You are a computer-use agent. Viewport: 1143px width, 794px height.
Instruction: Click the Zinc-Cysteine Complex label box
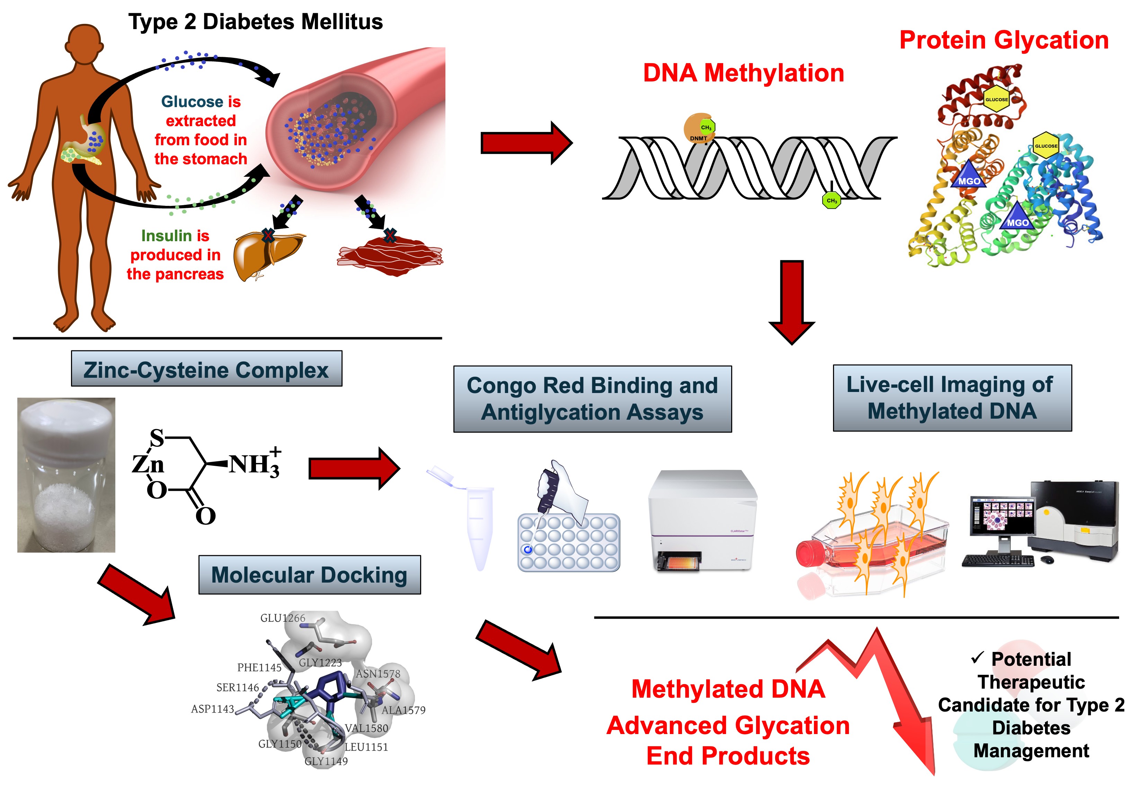coord(206,369)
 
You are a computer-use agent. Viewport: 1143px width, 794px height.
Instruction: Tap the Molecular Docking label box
coord(309,575)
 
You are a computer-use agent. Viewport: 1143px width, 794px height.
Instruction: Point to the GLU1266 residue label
coord(282,618)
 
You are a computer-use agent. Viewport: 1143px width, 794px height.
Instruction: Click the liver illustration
coord(266,255)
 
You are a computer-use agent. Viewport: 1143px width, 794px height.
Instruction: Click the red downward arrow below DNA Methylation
coord(791,301)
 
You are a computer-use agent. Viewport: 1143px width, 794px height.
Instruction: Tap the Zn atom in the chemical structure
coord(148,464)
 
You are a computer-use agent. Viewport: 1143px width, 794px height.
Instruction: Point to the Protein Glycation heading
coord(1004,40)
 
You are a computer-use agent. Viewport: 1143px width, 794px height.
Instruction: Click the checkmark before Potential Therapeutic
coord(977,658)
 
